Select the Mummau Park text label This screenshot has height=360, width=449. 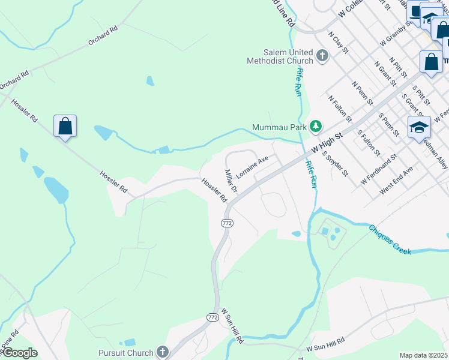[279, 127]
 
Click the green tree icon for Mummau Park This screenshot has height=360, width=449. [315, 127]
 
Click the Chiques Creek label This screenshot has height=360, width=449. [390, 240]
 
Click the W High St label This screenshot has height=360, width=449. [322, 144]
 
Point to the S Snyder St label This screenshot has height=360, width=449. [335, 164]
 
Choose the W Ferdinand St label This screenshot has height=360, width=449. [379, 169]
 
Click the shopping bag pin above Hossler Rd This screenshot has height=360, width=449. [65, 127]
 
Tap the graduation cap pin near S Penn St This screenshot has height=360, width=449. [419, 127]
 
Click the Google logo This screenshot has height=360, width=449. [19, 353]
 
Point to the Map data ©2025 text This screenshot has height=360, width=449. [424, 355]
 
